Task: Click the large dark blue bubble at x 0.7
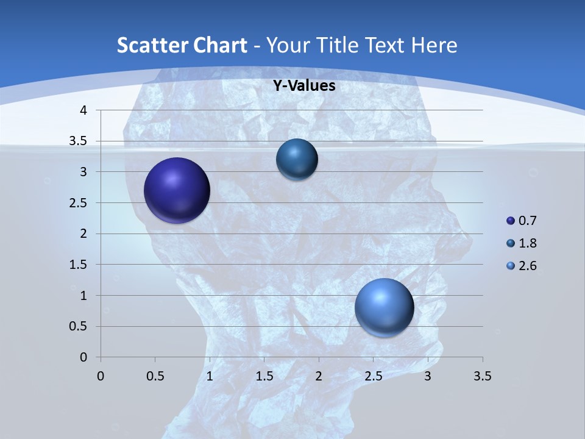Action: pos(177,190)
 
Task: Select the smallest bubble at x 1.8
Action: pos(297,159)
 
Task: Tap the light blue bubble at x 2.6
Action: pos(384,307)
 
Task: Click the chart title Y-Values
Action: pos(303,86)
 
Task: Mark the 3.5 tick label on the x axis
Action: pos(482,376)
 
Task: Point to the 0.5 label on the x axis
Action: pos(155,376)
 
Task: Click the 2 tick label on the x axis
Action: pos(319,376)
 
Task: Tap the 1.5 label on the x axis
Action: pos(264,376)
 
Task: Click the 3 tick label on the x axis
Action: pos(428,376)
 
